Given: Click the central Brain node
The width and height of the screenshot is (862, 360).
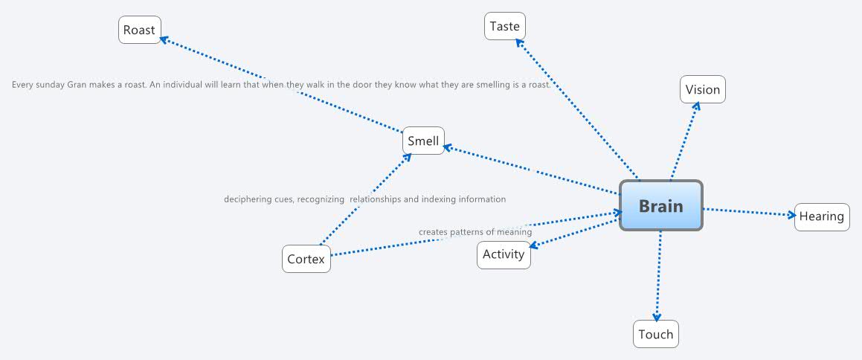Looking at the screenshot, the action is [x=660, y=205].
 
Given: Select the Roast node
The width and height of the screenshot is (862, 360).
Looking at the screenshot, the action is [x=140, y=30].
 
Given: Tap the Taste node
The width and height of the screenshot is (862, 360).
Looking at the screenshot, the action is [x=505, y=26].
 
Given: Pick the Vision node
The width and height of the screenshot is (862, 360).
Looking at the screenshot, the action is [x=703, y=89].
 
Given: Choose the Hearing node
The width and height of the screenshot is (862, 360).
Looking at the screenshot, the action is [x=822, y=216].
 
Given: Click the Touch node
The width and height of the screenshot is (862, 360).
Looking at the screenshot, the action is [x=656, y=334].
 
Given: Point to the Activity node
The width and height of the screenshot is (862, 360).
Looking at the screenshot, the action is [x=504, y=254].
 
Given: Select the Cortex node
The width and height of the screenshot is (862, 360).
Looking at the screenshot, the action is [x=306, y=259].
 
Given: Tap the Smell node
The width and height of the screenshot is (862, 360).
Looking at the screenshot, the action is [x=423, y=141].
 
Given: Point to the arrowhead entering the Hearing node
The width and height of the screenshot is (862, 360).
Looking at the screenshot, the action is [x=791, y=214].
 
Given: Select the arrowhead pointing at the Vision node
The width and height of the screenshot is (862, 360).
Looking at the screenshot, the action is [x=696, y=106].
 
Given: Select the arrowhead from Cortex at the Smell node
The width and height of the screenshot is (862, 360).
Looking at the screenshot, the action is [x=407, y=157].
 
